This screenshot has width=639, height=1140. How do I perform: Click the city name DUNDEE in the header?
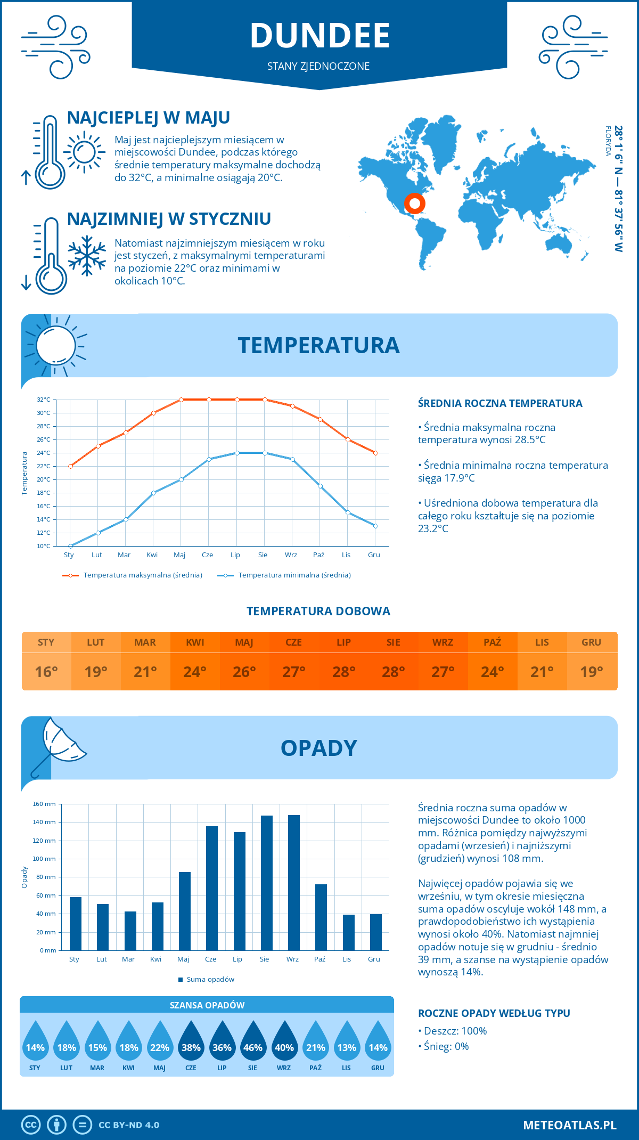point(319,36)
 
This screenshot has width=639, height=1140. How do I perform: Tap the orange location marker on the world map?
point(414,203)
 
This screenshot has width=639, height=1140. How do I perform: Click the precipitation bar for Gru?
point(376,932)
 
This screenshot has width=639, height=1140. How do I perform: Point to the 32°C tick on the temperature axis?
point(44,400)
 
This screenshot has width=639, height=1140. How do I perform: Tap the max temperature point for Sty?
point(70,466)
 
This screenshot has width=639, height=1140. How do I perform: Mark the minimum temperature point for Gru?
point(375,526)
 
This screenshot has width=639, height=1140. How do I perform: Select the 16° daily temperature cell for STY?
point(46,672)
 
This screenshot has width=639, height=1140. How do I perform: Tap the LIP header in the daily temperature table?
point(343,642)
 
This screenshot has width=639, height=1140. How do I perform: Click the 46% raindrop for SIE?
point(253,1045)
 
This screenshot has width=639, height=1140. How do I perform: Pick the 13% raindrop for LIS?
point(347,1045)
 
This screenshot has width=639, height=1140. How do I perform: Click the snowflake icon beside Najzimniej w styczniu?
point(87,256)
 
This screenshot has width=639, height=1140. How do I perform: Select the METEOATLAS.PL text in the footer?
point(569,1125)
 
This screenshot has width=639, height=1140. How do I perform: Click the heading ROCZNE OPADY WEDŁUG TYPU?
point(494,1013)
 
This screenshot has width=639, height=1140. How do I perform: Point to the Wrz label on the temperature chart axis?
point(291,555)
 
